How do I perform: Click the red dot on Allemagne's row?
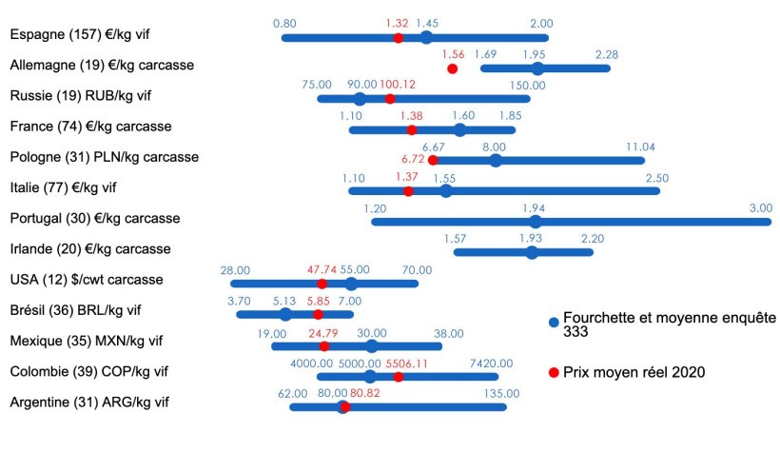coord(452,69)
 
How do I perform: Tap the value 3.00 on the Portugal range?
coord(760,207)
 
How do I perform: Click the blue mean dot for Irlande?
coord(532,252)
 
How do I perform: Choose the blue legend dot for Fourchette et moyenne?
coord(553,324)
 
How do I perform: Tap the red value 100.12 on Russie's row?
coord(398,85)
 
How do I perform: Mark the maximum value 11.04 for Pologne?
coord(640,147)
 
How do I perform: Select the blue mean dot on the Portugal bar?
coord(536,222)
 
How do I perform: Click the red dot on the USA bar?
coord(322,284)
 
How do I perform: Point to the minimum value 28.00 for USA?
coord(235,269)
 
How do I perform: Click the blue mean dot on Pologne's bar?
coord(496,160)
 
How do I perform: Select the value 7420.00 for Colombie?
coord(491,363)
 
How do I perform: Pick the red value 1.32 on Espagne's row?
coord(397,23)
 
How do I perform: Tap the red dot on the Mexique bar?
coord(324,345)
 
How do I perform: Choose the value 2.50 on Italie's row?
coord(657,178)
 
